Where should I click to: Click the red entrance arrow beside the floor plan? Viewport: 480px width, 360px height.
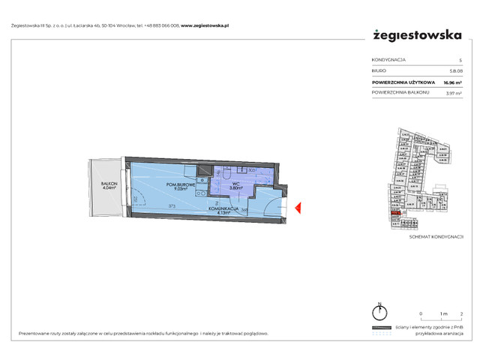coord(297,207)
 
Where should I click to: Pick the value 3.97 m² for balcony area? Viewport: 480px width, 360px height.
coord(453,93)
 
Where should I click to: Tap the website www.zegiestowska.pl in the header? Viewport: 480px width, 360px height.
coord(205,25)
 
